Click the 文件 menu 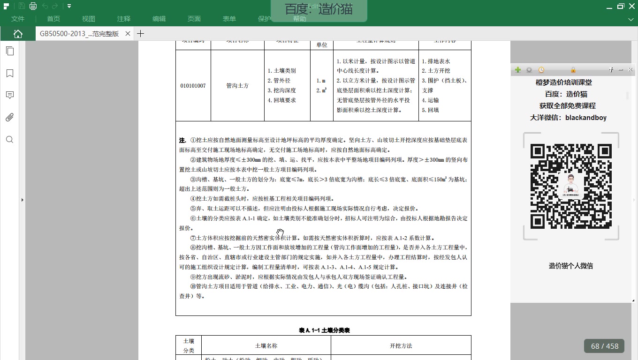point(18,19)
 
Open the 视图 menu point(89,19)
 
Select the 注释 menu point(124,19)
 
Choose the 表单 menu point(229,19)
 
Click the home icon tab point(18,34)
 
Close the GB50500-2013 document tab point(128,34)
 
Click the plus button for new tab point(140,34)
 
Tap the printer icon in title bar point(33,6)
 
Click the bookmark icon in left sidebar point(9,73)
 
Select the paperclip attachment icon point(9,117)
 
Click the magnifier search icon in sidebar point(9,140)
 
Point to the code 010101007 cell point(193,86)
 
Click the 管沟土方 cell point(237,86)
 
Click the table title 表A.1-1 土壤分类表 point(324,330)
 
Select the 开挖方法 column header point(401,346)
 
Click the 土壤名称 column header point(266,346)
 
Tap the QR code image point(571,186)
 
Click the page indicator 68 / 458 point(605,346)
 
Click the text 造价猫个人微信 point(571,266)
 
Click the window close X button point(631,6)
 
